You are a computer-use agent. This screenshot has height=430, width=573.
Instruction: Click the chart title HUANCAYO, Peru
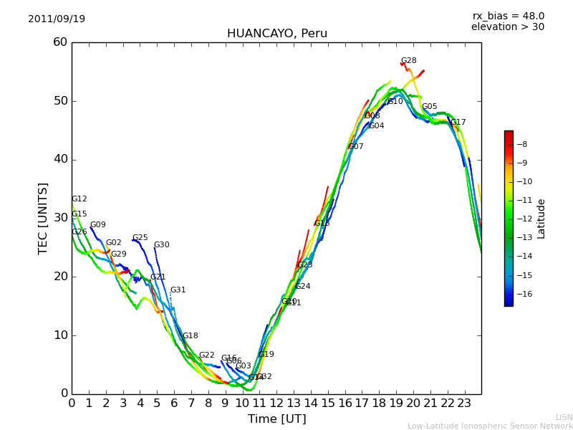click(277, 34)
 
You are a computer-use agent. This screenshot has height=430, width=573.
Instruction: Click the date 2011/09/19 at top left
click(57, 19)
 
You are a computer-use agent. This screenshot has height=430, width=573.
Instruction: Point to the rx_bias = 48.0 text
click(509, 16)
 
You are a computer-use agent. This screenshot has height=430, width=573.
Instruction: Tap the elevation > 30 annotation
click(508, 27)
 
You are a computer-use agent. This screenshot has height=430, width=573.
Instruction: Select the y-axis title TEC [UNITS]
click(43, 219)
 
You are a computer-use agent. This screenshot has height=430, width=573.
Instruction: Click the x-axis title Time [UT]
click(277, 419)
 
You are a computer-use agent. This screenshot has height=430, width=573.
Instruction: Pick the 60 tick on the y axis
click(59, 42)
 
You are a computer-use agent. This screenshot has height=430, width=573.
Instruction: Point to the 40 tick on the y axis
click(59, 159)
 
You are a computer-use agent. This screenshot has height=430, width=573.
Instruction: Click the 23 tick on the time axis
click(464, 403)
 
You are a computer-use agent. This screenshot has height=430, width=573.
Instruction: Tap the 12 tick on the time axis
click(276, 403)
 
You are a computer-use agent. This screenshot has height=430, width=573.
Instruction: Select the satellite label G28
click(408, 61)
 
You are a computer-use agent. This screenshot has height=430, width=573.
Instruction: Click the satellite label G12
click(79, 199)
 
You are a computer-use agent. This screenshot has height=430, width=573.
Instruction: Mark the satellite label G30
click(161, 245)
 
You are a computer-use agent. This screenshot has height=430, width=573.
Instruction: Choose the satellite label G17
click(458, 123)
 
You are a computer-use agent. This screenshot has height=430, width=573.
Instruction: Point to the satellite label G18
click(190, 336)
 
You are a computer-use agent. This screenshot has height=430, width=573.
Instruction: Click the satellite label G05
click(429, 107)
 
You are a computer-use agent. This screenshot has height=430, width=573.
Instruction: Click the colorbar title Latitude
click(541, 219)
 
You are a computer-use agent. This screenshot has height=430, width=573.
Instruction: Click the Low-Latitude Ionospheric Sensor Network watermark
click(490, 426)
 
